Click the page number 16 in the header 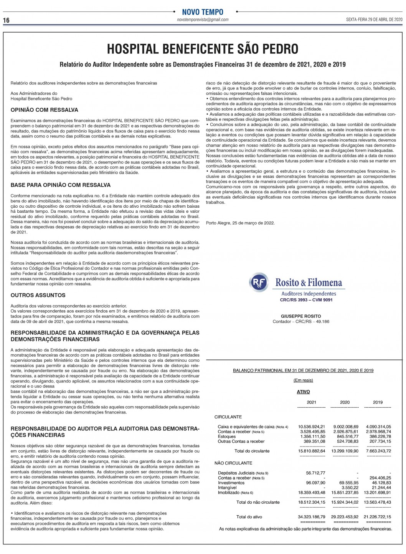[6, 20]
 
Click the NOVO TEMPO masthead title [203, 12]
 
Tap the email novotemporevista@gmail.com [203, 20]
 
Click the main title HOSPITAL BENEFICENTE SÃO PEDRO [203, 49]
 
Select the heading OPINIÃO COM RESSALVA [45, 110]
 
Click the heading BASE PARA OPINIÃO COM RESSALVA [61, 185]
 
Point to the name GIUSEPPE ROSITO [301, 316]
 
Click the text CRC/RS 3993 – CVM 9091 [306, 300]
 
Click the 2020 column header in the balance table [345, 402]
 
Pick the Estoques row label [227, 437]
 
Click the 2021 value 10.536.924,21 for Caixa [311, 427]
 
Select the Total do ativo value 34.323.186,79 [311, 517]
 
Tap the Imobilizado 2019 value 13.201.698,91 [378, 493]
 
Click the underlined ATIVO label [303, 392]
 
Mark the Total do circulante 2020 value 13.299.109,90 [345, 451]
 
